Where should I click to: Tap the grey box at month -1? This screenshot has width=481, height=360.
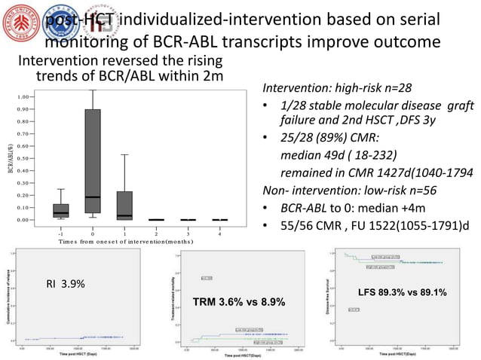pyautogui.click(x=61, y=210)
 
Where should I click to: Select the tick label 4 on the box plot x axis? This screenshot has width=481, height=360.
pyautogui.click(x=219, y=233)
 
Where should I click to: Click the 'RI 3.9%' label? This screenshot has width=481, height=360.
pyautogui.click(x=66, y=284)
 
